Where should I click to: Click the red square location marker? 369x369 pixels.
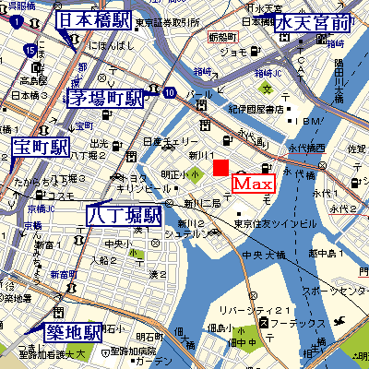221,167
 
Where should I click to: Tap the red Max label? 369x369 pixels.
251,183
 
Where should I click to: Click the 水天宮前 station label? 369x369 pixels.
314,23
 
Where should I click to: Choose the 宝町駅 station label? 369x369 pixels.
42,147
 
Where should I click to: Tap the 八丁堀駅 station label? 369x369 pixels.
125,215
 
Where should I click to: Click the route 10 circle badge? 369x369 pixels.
169,92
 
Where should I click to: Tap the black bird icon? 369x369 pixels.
346,320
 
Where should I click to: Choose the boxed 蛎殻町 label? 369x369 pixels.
223,37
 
